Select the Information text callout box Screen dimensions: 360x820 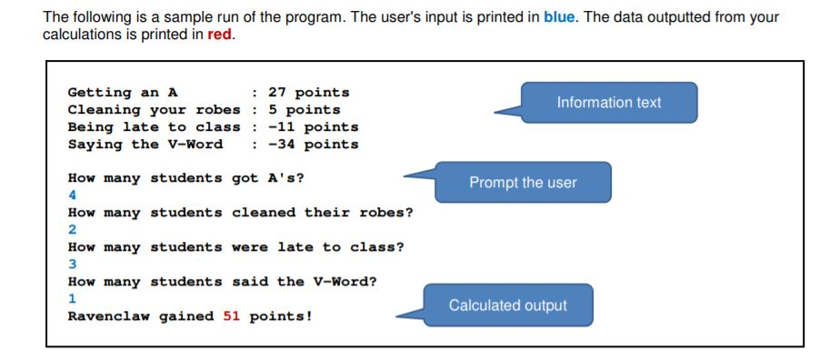coord(608,103)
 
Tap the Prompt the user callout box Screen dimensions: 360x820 coord(523,183)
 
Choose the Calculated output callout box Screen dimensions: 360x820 coord(508,305)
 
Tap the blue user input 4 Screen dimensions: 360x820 coord(73,195)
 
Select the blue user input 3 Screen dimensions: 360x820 coord(73,265)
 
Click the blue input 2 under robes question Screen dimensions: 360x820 coord(73,230)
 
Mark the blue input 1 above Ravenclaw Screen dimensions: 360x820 coord(73,299)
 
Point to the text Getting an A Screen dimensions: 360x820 coord(123,93)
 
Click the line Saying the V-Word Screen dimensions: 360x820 coord(145,145)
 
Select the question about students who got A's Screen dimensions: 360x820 coord(186,178)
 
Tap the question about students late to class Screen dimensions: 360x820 coord(236,247)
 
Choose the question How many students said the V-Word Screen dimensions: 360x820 coord(223,282)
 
